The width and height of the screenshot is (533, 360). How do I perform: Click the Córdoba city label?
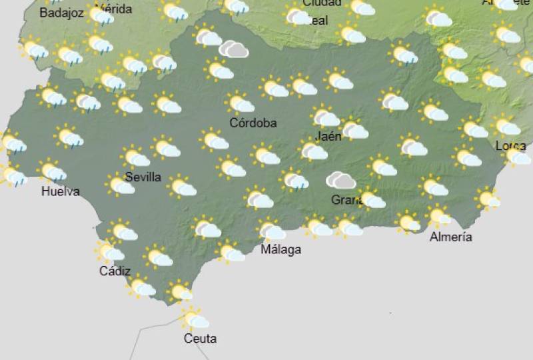(x=253, y=123)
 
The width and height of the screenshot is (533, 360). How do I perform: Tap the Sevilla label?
(x=143, y=177)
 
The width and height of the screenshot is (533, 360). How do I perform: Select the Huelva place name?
(x=60, y=192)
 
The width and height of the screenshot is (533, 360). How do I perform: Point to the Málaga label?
(x=280, y=250)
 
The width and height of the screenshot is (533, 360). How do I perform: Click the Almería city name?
(x=450, y=237)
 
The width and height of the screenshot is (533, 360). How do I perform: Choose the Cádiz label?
(x=115, y=271)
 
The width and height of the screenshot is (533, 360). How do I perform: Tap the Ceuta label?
(x=200, y=339)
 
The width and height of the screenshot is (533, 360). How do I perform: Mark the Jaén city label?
(x=329, y=136)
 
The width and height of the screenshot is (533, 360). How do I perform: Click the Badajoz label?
(x=61, y=12)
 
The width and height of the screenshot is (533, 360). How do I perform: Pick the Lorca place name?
(x=510, y=146)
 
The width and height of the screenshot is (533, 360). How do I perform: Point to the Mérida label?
(x=114, y=9)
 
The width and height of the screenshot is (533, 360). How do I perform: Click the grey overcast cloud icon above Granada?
(x=340, y=180)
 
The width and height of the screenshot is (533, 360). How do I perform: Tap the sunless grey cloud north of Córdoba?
(x=234, y=49)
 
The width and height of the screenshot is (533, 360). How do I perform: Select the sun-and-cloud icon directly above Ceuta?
(x=194, y=319)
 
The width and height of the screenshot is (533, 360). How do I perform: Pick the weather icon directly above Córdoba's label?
(x=240, y=103)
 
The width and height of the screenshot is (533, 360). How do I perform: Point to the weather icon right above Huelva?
(x=53, y=171)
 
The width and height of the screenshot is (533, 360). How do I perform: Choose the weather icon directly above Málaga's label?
(x=271, y=230)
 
